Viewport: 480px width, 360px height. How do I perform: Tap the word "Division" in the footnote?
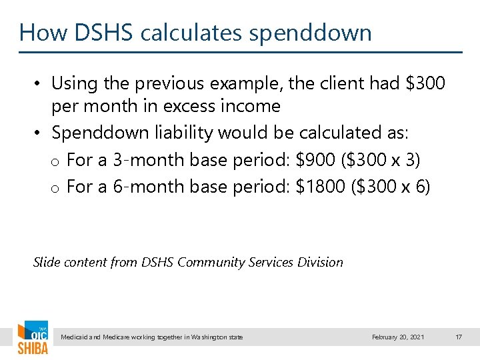pyautogui.click(x=319, y=262)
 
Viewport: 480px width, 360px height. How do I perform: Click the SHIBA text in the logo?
pyautogui.click(x=33, y=347)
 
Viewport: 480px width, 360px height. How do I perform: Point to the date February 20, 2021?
pyautogui.click(x=398, y=337)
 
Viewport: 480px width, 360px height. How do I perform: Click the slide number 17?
pyautogui.click(x=458, y=337)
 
